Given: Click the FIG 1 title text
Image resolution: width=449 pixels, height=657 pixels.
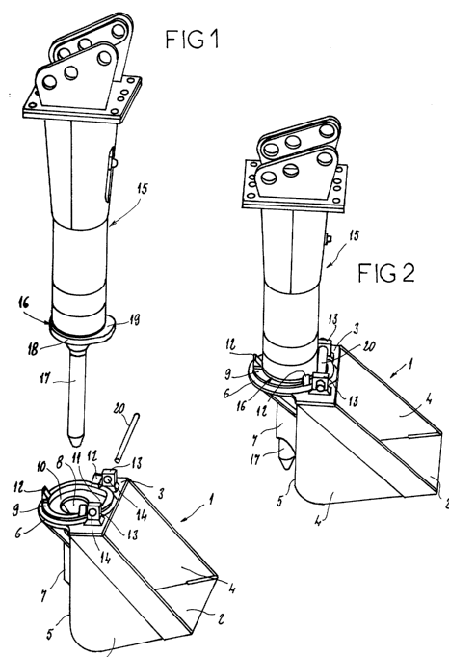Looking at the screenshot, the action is tap(192, 39).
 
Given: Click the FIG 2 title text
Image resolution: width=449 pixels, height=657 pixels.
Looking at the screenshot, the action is tap(386, 273).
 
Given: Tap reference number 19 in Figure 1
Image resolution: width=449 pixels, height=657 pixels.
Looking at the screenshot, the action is tap(133, 320).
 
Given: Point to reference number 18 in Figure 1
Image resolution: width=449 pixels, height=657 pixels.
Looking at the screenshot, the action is tap(34, 349).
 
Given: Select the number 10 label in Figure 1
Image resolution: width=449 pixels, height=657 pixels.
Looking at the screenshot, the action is tap(41, 466).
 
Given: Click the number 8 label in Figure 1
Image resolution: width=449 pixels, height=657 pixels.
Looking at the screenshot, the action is tap(60, 463).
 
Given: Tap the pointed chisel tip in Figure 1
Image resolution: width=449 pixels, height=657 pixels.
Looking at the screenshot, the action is tap(76, 444).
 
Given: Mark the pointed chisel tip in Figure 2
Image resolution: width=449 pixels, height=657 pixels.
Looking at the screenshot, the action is tap(286, 466).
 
